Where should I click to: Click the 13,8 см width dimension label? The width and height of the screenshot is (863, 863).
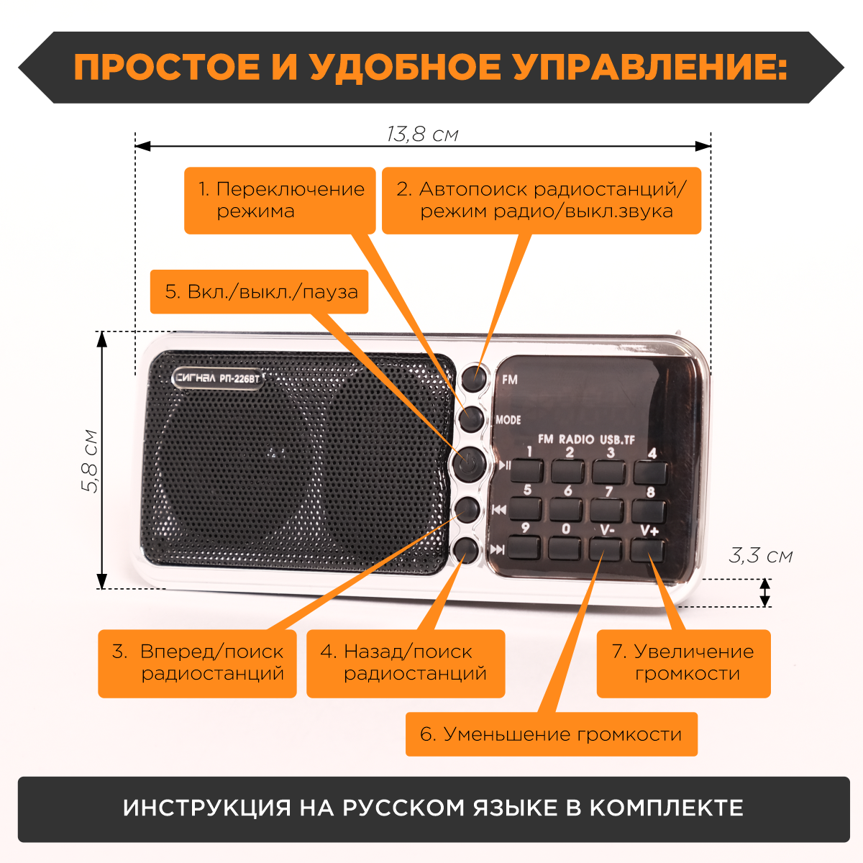(422, 134)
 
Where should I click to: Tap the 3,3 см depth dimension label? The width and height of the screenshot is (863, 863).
(760, 555)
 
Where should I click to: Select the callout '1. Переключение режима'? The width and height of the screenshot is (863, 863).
(280, 201)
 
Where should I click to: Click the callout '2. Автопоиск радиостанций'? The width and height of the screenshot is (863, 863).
(541, 201)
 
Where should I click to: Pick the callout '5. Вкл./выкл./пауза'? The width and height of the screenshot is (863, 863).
(259, 292)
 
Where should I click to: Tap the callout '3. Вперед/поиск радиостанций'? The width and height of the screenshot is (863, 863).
(197, 663)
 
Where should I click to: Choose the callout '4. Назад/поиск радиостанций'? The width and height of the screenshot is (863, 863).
(406, 663)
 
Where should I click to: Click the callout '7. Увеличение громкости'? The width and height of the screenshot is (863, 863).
(683, 663)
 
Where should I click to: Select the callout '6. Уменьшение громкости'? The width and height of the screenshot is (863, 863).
(551, 734)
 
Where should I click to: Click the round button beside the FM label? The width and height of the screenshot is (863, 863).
(475, 376)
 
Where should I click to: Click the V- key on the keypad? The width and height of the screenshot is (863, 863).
(606, 548)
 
